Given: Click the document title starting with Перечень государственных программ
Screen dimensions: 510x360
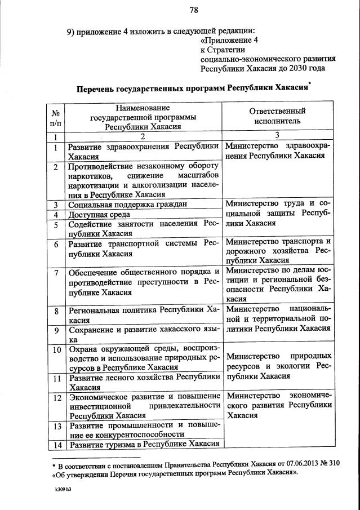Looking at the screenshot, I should click(193, 88).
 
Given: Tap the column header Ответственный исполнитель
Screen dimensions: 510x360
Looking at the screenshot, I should click(277, 116).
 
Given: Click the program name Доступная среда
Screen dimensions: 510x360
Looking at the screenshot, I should click(99, 215).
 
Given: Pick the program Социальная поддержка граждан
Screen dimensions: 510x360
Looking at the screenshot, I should click(127, 205).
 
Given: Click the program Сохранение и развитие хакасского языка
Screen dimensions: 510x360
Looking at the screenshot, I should click(143, 335).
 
